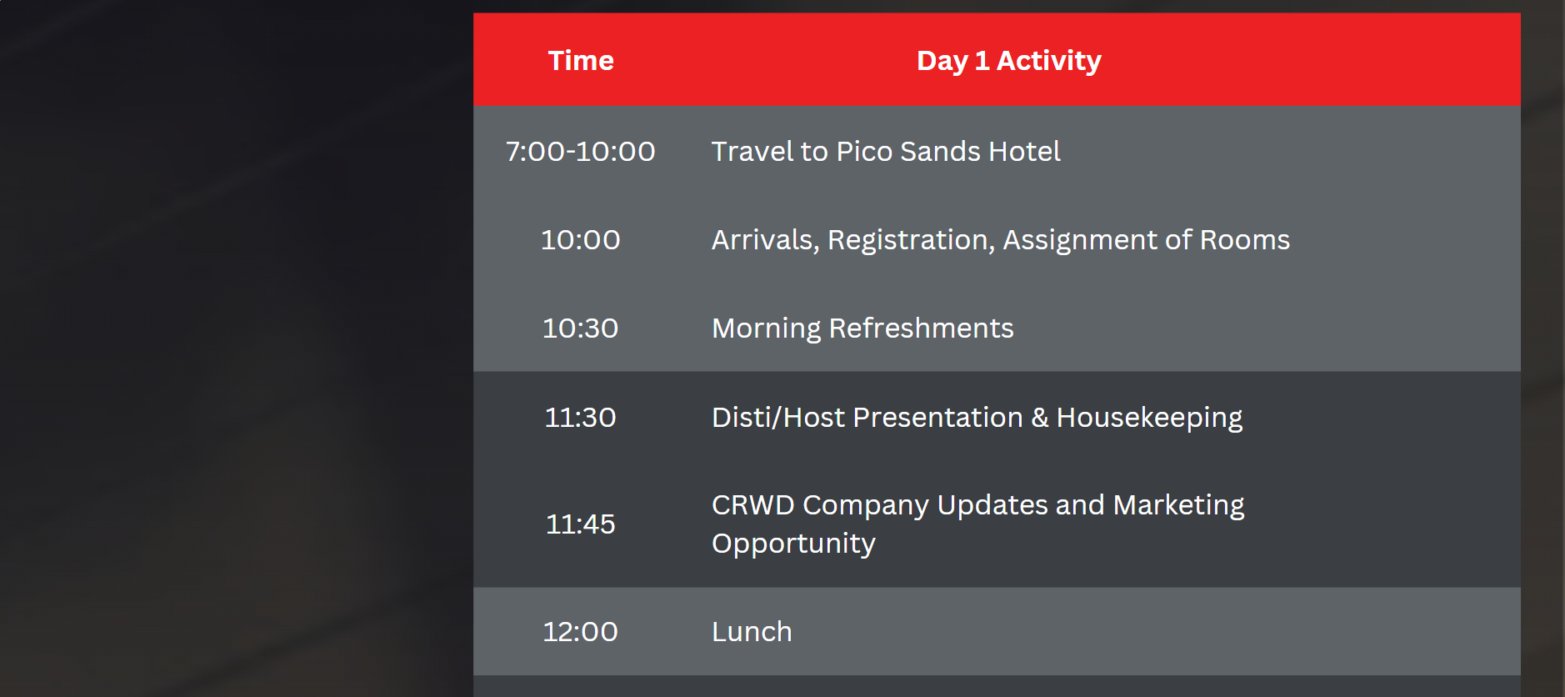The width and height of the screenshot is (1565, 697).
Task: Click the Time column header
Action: tap(581, 61)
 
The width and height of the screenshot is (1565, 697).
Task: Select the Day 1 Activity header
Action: tap(1008, 62)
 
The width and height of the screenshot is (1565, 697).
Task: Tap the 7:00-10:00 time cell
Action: tap(580, 152)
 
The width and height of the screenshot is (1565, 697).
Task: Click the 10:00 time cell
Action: tap(580, 240)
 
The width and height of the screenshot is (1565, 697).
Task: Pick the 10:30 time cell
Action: tap(580, 328)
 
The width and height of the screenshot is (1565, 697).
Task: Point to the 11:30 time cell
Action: tap(580, 417)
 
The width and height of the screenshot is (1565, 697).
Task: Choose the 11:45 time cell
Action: tap(580, 524)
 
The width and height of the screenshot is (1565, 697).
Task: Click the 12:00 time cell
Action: tap(580, 632)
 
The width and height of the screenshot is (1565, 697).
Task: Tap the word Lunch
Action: tap(752, 632)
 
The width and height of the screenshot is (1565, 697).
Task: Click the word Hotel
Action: tap(1024, 152)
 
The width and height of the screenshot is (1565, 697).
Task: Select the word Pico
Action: tap(864, 152)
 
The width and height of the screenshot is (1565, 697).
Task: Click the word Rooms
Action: tap(1245, 240)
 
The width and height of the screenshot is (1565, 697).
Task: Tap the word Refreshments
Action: tap(922, 328)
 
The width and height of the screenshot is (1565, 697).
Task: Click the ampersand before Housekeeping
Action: tap(1040, 418)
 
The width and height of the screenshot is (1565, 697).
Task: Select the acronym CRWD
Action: tap(753, 505)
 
